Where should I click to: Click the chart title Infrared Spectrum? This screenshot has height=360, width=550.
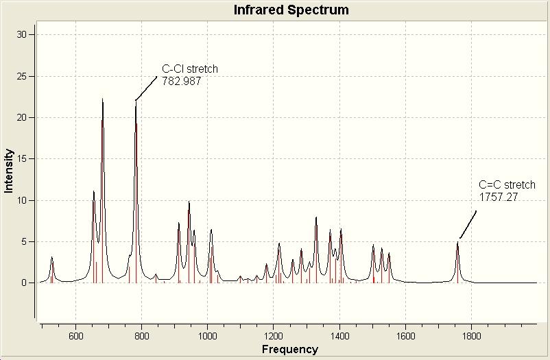pyautogui.click(x=291, y=10)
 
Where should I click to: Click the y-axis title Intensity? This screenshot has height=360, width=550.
pyautogui.click(x=9, y=171)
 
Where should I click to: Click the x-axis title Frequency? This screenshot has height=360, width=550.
pyautogui.click(x=289, y=350)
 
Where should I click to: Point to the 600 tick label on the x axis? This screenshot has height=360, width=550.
pyautogui.click(x=75, y=337)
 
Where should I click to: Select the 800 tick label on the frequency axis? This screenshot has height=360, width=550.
pyautogui.click(x=141, y=337)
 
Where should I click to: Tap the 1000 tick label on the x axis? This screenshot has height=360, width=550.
pyautogui.click(x=207, y=337)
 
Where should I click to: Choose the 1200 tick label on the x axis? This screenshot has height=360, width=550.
pyautogui.click(x=273, y=337)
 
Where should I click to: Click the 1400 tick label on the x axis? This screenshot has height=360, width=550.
pyautogui.click(x=339, y=337)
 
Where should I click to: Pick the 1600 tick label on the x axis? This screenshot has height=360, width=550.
pyautogui.click(x=405, y=337)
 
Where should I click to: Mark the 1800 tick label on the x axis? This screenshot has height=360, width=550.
pyautogui.click(x=471, y=337)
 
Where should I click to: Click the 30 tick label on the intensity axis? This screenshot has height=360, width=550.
pyautogui.click(x=23, y=34)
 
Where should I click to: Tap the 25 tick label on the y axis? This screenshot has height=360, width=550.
pyautogui.click(x=23, y=76)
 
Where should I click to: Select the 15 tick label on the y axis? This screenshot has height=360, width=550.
pyautogui.click(x=23, y=159)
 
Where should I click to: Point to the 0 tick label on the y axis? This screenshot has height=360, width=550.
pyautogui.click(x=25, y=283)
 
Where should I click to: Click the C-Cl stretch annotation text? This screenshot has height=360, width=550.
pyautogui.click(x=190, y=69)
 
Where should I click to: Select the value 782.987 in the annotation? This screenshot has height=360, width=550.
pyautogui.click(x=181, y=80)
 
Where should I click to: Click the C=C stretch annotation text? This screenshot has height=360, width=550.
pyautogui.click(x=507, y=185)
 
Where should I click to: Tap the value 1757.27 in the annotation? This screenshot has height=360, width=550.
pyautogui.click(x=499, y=197)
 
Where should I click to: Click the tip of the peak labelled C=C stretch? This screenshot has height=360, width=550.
pyautogui.click(x=457, y=241)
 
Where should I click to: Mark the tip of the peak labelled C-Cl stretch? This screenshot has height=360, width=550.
pyautogui.click(x=136, y=102)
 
